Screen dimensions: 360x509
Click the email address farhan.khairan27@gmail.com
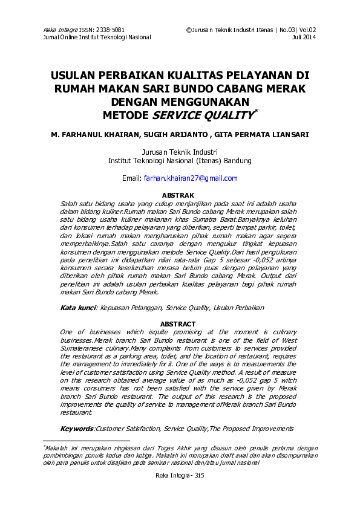pos(190,178)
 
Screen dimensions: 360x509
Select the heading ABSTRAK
pos(179,195)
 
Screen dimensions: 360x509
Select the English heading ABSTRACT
pos(179,325)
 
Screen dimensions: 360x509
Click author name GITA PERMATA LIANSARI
pos(267,135)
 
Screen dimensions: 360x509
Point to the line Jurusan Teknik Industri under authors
pos(179,152)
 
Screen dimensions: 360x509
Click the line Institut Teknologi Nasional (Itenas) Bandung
pos(179,161)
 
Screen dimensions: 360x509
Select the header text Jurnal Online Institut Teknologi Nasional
pos(97,37)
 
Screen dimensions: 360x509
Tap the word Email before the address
pos(131,178)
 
